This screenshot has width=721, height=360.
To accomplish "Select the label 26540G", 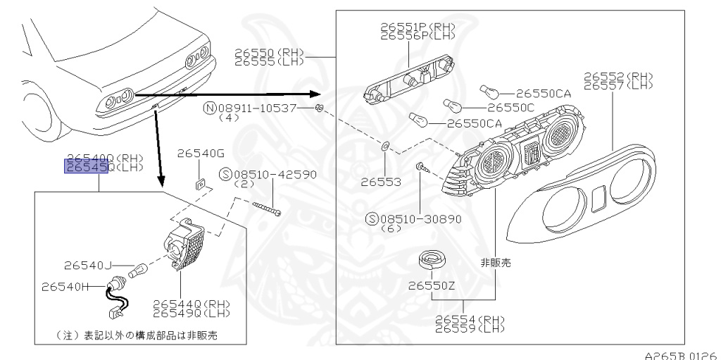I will [200, 153].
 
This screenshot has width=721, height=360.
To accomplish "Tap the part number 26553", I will [381, 182].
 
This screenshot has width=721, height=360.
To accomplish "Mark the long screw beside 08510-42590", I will [265, 208].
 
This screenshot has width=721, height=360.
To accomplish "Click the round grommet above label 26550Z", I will [430, 260].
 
